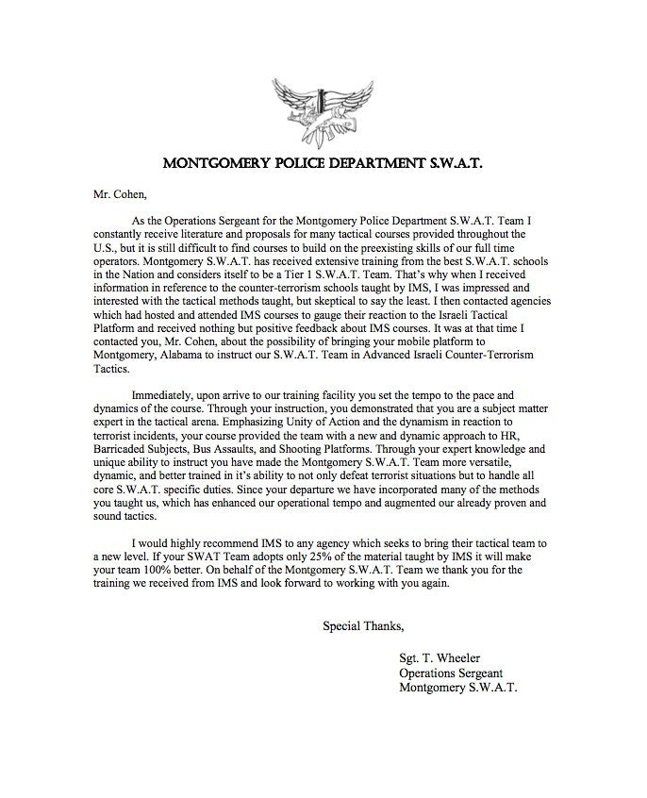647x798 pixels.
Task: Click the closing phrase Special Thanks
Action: point(363,624)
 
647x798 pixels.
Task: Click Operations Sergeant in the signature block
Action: point(450,673)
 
